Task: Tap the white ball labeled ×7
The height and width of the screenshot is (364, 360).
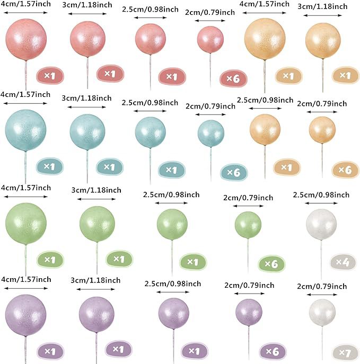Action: [x=322, y=313]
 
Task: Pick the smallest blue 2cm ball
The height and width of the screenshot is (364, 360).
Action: [x=211, y=133]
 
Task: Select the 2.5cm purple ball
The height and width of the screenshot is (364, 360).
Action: [x=173, y=313]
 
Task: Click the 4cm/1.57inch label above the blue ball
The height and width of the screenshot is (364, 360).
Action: [x=25, y=94]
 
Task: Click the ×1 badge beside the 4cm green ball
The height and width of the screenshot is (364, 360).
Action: [x=50, y=259]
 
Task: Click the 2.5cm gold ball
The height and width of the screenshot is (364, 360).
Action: [x=265, y=129]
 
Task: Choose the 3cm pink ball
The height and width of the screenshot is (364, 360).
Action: [x=87, y=39]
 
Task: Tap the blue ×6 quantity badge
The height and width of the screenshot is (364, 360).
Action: [x=234, y=172]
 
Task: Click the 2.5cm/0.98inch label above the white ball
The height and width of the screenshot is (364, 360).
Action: [x=321, y=195]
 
